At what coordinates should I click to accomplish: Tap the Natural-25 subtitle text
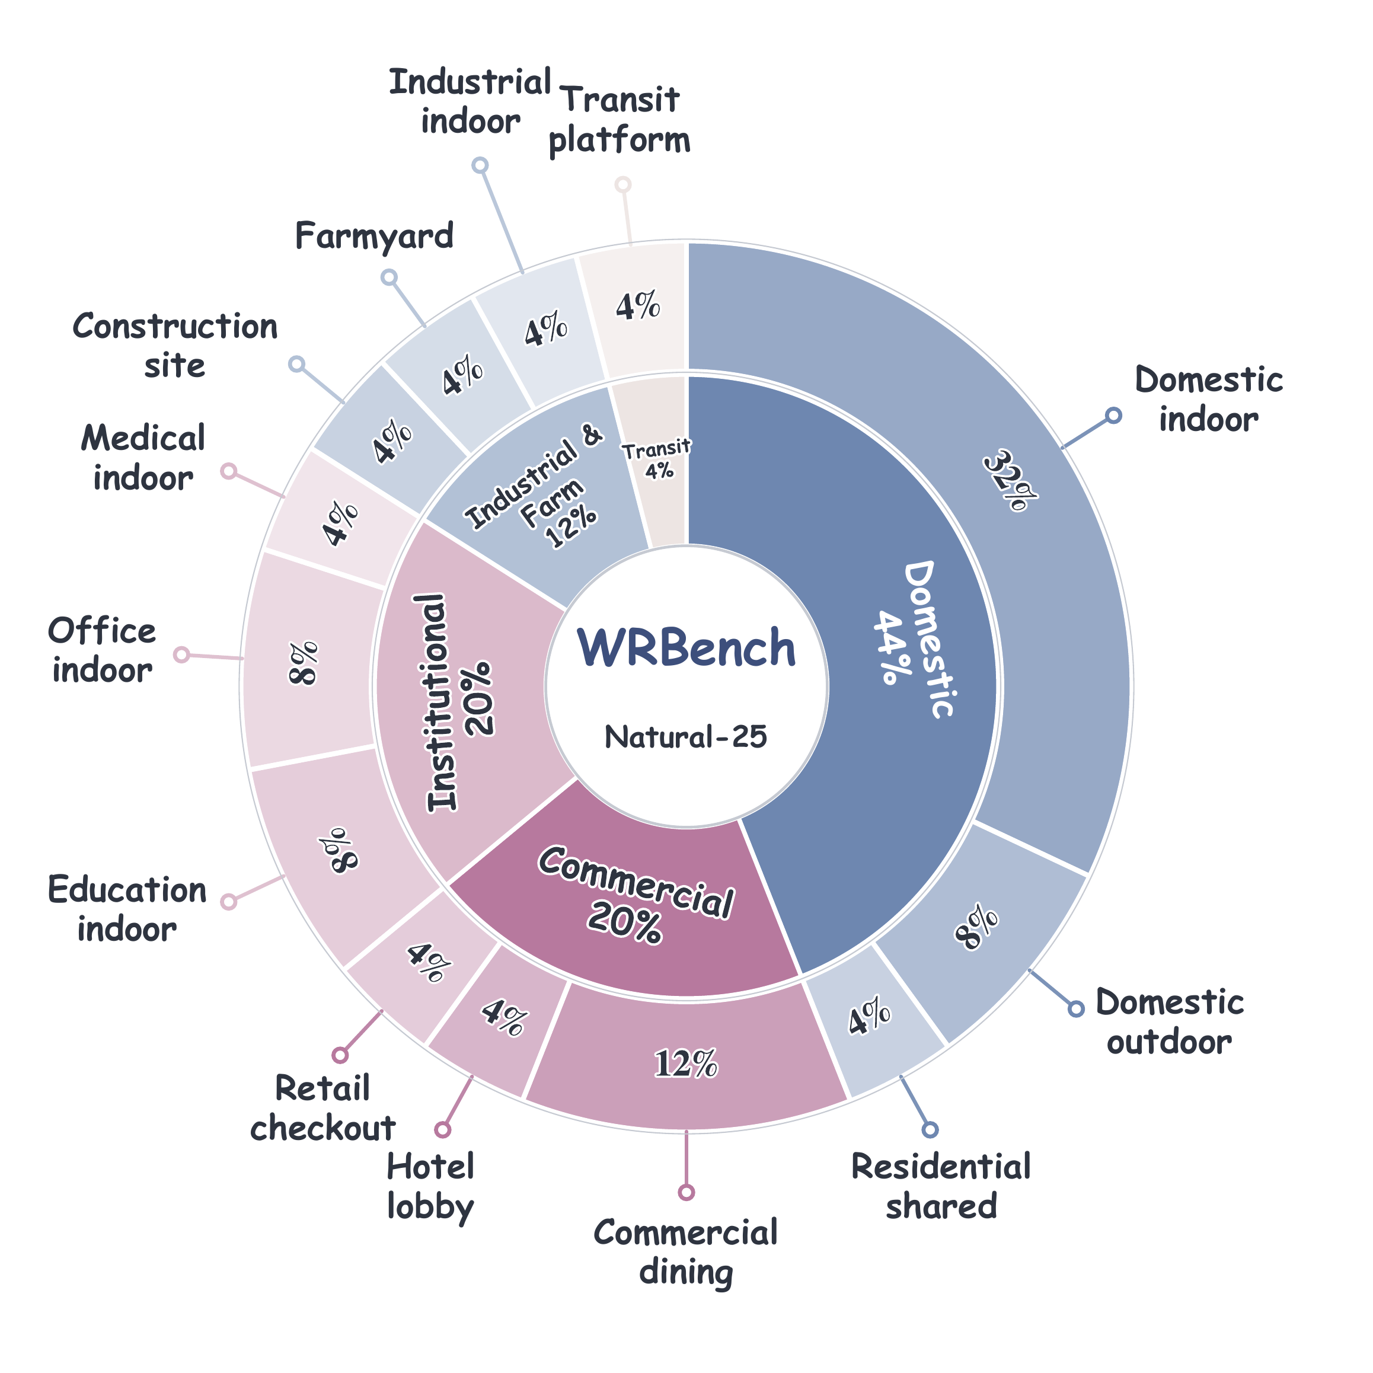coord(686,737)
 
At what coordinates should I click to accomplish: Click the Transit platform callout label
coord(620,119)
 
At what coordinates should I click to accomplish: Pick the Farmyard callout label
coord(374,236)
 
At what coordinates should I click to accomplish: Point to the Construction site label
coord(175,346)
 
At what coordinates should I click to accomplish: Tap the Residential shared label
coord(941,1186)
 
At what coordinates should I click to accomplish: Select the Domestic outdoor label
coord(1170,1021)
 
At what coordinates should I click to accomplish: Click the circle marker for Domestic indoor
coord(1113,415)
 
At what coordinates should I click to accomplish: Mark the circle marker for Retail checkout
coord(340,1055)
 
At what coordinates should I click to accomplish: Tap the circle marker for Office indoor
coord(181,654)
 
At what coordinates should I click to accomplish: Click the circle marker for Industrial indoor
coord(480,165)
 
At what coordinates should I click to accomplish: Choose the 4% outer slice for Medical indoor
coord(340,522)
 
